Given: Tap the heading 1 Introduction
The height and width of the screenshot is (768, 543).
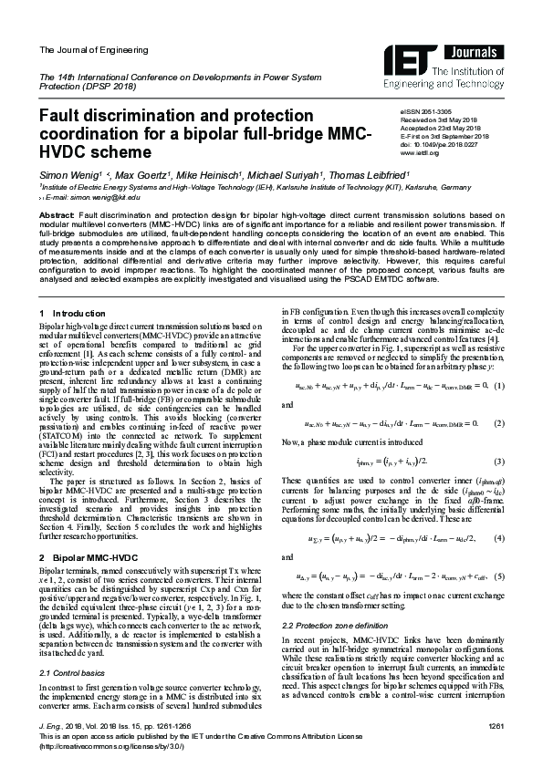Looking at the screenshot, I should pyautogui.click(x=60, y=313).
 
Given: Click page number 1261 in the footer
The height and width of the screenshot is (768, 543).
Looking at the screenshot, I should pyautogui.click(x=496, y=725).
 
